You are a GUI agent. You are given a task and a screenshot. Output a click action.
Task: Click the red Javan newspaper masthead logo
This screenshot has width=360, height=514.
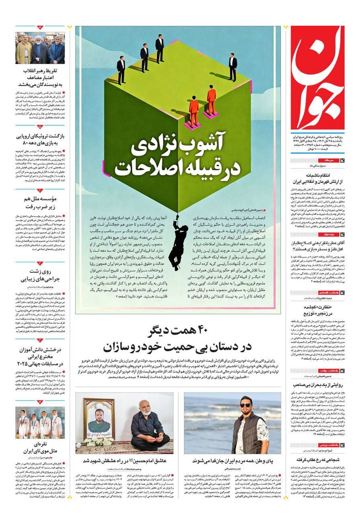click(x=317, y=78)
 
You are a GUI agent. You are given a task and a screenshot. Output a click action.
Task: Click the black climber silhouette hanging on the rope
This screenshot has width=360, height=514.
click(x=178, y=241)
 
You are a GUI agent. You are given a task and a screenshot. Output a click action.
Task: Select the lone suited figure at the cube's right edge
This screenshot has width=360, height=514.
click(x=233, y=67)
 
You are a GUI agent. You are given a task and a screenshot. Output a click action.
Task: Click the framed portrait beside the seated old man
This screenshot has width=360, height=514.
click(x=99, y=422)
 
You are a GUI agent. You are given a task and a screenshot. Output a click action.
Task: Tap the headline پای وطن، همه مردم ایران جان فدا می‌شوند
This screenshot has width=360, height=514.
click(x=232, y=460)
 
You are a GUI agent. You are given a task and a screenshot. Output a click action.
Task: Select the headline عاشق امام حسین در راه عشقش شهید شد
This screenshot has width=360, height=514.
click(x=125, y=460)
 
